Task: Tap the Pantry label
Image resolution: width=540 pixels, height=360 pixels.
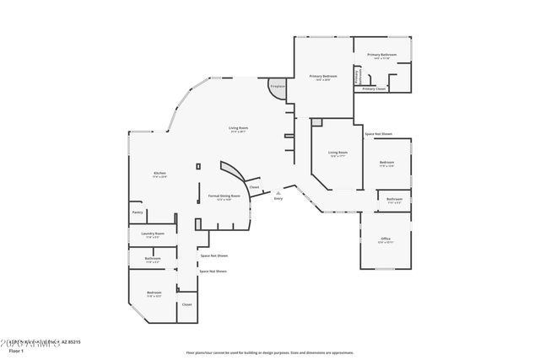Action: [x=138, y=212]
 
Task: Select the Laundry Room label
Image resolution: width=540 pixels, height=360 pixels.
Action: [x=153, y=233]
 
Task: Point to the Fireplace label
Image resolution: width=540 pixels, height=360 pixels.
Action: [x=277, y=86]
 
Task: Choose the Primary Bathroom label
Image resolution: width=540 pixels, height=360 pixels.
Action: [x=381, y=55]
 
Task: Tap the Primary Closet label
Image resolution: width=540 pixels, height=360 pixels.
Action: [x=374, y=89]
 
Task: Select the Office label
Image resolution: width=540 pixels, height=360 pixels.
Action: [x=386, y=239]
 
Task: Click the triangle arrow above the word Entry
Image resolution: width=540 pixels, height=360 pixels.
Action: [x=278, y=192]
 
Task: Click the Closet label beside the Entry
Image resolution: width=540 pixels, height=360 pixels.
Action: [x=254, y=187]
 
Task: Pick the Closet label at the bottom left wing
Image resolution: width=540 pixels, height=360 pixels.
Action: [x=187, y=304]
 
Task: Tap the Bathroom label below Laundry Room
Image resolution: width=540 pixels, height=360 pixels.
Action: [x=153, y=258]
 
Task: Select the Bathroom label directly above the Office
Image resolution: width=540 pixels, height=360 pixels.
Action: [x=394, y=199]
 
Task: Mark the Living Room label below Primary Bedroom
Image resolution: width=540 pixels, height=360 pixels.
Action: [x=337, y=153]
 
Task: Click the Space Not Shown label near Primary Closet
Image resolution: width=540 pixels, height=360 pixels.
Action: [x=378, y=134]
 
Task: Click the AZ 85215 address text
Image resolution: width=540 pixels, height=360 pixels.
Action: [x=69, y=341]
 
